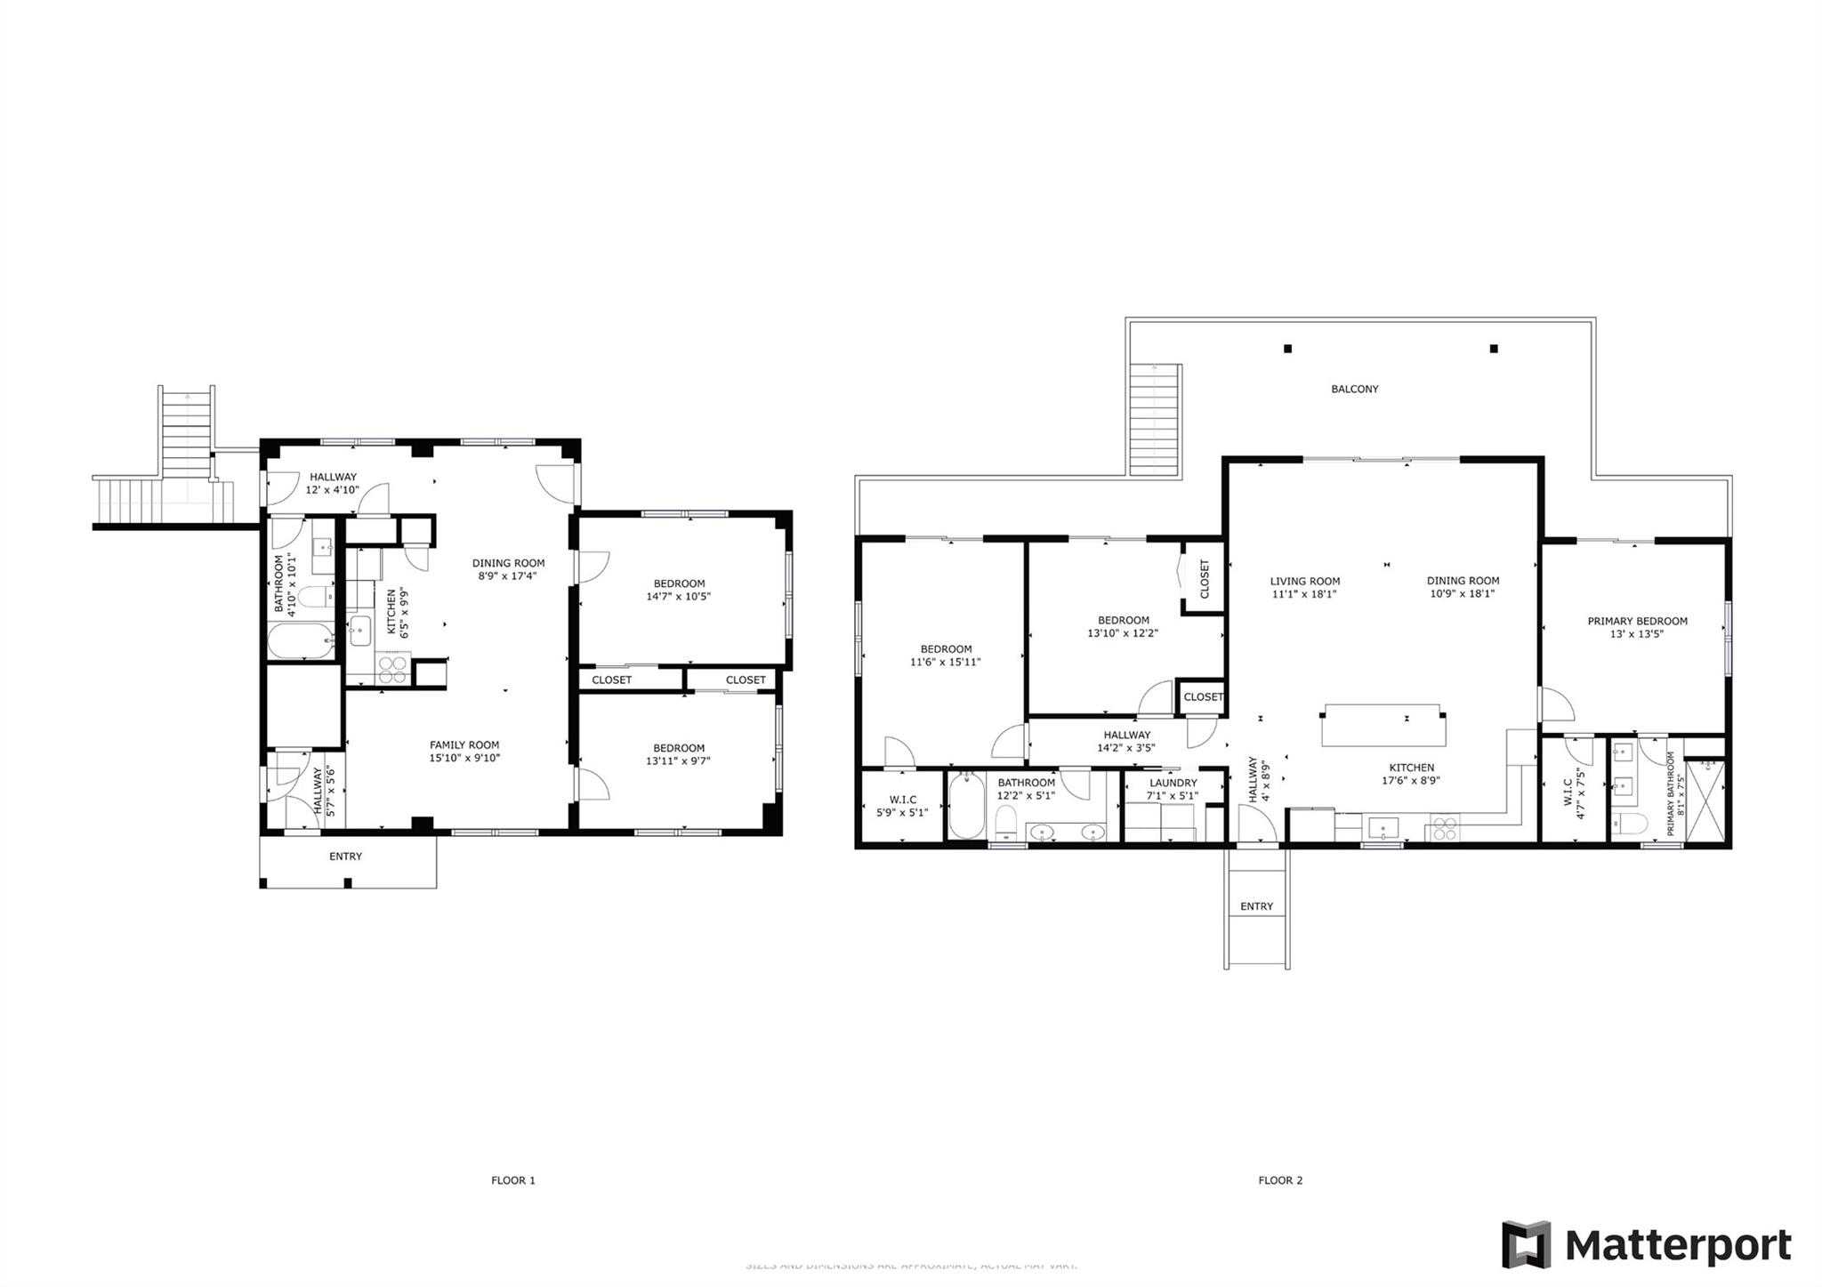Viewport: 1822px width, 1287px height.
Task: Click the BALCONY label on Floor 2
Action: (x=1354, y=389)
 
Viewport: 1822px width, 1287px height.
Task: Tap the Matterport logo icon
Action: (x=1526, y=1244)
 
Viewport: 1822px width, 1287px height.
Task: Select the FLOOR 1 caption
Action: (x=513, y=1180)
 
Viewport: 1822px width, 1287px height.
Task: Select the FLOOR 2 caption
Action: (x=1280, y=1180)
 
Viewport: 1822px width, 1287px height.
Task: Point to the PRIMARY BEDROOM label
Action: (x=1637, y=621)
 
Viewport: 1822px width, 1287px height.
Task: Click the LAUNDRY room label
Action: (x=1173, y=783)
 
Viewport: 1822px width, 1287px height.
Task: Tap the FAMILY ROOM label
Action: (x=464, y=745)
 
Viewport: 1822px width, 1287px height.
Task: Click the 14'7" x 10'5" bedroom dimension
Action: (x=678, y=597)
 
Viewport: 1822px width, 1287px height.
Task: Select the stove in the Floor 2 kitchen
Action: (x=1445, y=829)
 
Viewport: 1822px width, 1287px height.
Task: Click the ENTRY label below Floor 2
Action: (x=1256, y=906)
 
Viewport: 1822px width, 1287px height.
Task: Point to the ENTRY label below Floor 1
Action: (x=345, y=857)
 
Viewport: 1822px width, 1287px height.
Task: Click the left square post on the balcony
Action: (x=1287, y=349)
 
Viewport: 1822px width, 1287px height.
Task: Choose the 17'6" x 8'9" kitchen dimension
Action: (x=1411, y=781)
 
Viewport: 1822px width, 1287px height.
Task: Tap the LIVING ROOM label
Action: (x=1304, y=581)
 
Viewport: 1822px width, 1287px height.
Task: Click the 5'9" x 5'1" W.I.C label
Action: (x=902, y=812)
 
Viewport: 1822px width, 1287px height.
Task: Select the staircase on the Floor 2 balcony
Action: (x=1154, y=422)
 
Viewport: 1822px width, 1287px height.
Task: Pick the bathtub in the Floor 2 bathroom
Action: (x=966, y=806)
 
